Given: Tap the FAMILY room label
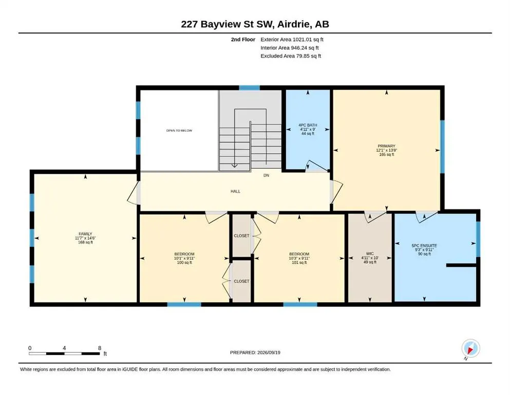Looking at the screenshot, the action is tap(85, 234).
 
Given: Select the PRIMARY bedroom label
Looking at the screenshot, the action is tap(386, 146).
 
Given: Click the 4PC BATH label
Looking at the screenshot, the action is tap(308, 125).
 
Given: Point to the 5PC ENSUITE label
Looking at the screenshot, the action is tap(424, 245).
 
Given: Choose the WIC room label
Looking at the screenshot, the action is tap(370, 254).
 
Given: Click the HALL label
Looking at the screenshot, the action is tap(236, 191).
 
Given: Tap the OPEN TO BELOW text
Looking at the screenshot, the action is tap(179, 131).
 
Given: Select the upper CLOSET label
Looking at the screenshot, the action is tap(242, 236).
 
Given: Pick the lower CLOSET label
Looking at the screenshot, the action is tap(242, 281).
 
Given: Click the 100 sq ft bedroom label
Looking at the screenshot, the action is tap(184, 262).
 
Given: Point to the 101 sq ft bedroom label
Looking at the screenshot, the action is tap(299, 262).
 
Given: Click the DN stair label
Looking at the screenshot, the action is tap(267, 175).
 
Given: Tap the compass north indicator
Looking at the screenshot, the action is tap(470, 349).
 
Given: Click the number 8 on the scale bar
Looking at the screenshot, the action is tap(100, 348).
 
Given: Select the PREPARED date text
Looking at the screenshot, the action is tap(255, 352).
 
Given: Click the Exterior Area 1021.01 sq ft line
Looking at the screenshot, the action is tap(292, 40).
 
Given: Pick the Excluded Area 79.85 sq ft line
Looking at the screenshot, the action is tap(291, 56).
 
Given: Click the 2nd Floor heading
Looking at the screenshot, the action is tap(243, 40).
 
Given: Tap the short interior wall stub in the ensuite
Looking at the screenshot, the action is tap(461, 265).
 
